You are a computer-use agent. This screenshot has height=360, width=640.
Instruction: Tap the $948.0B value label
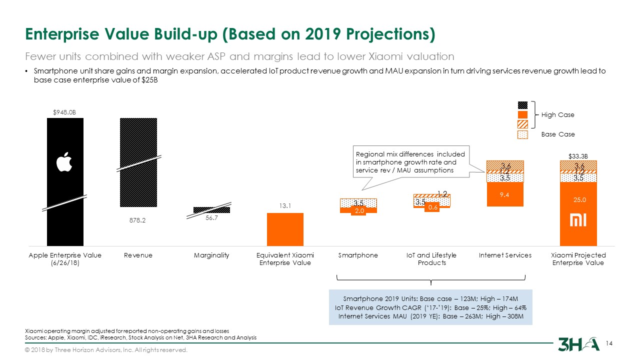coord(64,112)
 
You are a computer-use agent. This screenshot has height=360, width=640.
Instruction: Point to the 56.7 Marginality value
coord(211,217)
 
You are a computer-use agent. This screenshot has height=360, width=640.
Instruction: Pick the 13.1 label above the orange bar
coord(285,205)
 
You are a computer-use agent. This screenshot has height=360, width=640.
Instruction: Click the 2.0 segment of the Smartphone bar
coord(358,210)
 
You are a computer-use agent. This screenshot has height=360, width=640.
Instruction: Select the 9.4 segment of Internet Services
coord(504,195)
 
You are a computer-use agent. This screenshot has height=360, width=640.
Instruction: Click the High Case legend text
coord(558,115)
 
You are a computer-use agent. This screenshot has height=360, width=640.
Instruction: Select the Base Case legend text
coord(558,134)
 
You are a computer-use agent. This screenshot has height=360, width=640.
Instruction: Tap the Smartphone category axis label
coord(358,255)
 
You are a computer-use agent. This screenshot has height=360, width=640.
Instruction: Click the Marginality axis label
coord(211,255)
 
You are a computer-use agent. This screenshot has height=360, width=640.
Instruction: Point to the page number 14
coord(609,343)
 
